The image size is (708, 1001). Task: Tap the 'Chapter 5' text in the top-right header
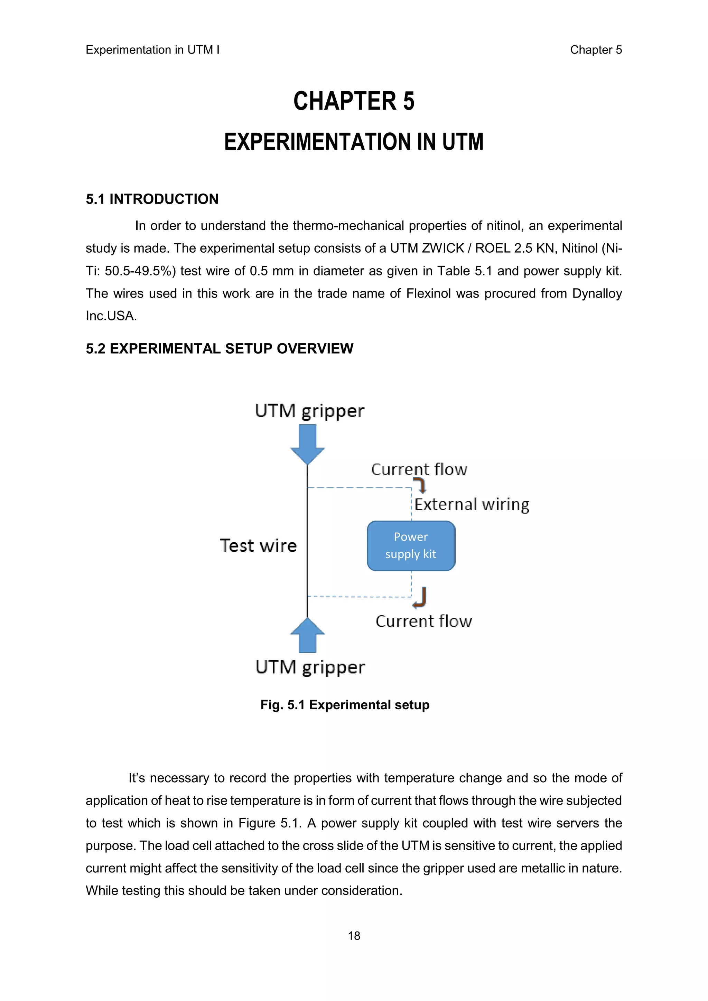tap(596, 50)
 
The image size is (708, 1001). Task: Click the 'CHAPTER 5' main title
tap(354, 101)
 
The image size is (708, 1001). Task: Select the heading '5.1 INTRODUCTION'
tap(152, 199)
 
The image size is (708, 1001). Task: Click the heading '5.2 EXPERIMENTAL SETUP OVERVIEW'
tap(219, 348)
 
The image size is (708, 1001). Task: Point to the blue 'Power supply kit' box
tap(411, 545)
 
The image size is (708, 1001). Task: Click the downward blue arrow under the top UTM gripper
tap(307, 444)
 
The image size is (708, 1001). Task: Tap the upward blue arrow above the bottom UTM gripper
tap(307, 635)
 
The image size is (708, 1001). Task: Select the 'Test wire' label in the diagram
tap(258, 545)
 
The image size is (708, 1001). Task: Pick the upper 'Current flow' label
tap(419, 469)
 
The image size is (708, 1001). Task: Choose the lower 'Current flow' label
tap(424, 621)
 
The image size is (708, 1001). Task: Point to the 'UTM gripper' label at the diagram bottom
tap(310, 667)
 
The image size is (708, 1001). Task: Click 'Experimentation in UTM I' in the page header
tap(152, 50)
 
